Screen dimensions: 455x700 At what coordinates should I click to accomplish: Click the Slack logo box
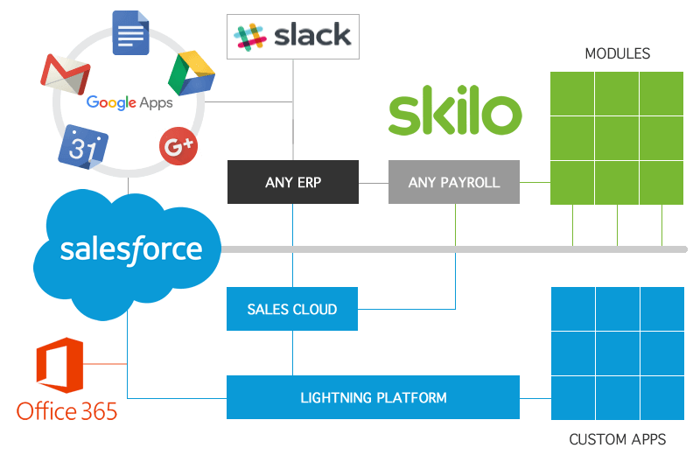(292, 36)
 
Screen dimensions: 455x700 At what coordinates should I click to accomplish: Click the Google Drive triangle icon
(191, 73)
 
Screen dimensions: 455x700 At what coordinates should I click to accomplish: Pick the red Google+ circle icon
(178, 146)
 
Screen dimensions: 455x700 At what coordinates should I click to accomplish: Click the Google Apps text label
(129, 103)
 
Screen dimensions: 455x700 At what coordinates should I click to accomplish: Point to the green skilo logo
(455, 114)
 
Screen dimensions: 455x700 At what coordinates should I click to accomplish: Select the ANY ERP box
(292, 182)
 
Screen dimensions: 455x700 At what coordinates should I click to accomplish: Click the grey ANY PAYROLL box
(454, 182)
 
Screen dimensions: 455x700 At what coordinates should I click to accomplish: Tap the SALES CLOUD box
(292, 309)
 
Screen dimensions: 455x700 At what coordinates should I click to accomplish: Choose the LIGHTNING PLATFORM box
(373, 397)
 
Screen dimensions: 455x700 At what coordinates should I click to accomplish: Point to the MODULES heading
(617, 54)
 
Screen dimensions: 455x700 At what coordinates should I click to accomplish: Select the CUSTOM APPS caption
(617, 439)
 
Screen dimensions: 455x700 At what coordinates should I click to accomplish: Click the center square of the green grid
(617, 138)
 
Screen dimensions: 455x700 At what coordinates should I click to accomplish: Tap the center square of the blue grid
(617, 353)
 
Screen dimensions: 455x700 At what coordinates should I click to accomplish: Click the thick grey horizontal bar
(455, 249)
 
